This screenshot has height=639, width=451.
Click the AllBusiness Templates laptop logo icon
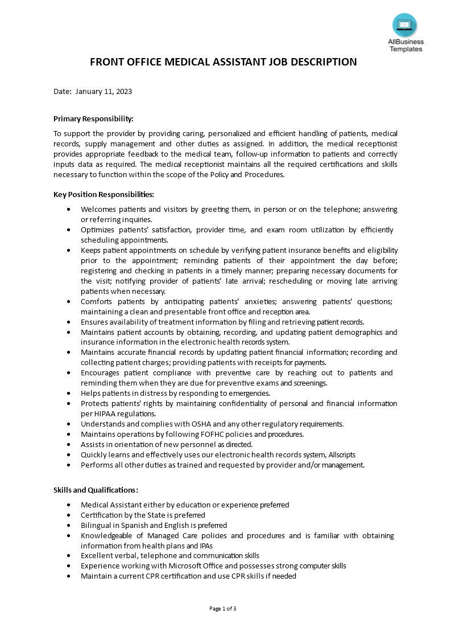click(404, 25)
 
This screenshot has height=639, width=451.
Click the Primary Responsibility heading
click(93, 118)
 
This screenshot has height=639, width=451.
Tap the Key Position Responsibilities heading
click(104, 194)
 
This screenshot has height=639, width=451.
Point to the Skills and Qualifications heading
click(96, 490)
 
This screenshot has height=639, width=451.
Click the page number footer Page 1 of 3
click(222, 608)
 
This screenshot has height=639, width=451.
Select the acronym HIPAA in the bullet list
click(109, 413)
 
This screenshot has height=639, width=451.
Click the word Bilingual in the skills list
click(97, 525)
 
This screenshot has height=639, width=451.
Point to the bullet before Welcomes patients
click(69, 210)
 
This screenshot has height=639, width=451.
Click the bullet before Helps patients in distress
click(69, 393)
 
